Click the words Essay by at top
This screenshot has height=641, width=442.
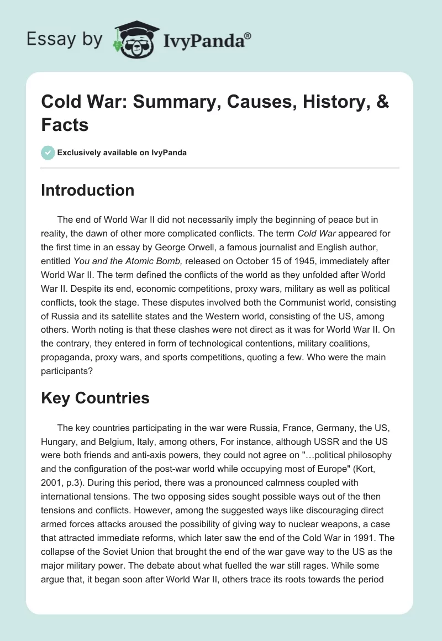point(65,39)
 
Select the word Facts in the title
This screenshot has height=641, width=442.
point(65,125)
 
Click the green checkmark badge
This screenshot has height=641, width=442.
point(48,153)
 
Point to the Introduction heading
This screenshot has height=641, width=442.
point(87,190)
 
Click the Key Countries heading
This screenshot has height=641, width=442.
point(95,398)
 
